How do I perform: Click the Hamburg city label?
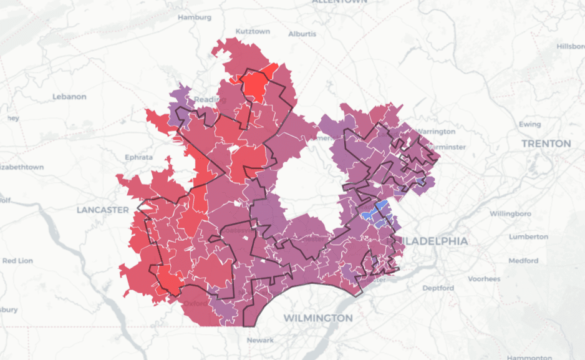point(195,17)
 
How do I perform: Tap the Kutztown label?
point(253,31)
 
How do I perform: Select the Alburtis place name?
point(302,34)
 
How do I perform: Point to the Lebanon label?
point(69,97)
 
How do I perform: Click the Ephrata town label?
point(138,157)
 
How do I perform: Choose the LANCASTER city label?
point(102,210)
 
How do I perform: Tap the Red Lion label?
point(18,260)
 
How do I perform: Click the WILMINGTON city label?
point(318,318)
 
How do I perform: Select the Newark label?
point(260,340)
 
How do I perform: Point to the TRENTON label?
point(546,144)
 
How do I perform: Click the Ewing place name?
point(529,124)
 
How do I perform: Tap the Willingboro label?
point(510,214)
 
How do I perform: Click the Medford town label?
point(523,260)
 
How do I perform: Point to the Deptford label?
point(438,288)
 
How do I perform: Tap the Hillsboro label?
point(571,46)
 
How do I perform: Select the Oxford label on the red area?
point(195,304)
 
